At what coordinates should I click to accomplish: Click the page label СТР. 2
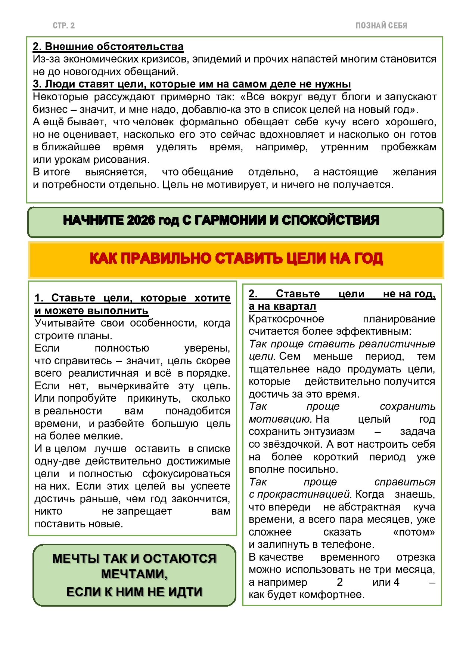click(x=63, y=26)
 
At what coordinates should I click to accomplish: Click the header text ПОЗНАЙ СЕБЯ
click(x=381, y=26)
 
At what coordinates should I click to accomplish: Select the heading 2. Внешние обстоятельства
click(x=108, y=47)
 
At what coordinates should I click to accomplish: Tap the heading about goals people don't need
click(x=192, y=84)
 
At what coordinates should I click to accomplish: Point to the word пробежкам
click(x=408, y=147)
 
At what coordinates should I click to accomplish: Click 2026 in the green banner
click(x=140, y=220)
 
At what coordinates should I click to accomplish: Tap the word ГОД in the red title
click(x=367, y=259)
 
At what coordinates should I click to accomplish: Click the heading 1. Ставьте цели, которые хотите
click(x=132, y=298)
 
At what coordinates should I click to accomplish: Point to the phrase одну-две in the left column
click(x=58, y=461)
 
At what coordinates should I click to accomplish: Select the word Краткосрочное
click(x=286, y=319)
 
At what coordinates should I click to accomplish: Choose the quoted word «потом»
click(x=414, y=532)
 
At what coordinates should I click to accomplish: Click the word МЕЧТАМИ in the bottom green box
click(x=134, y=574)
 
